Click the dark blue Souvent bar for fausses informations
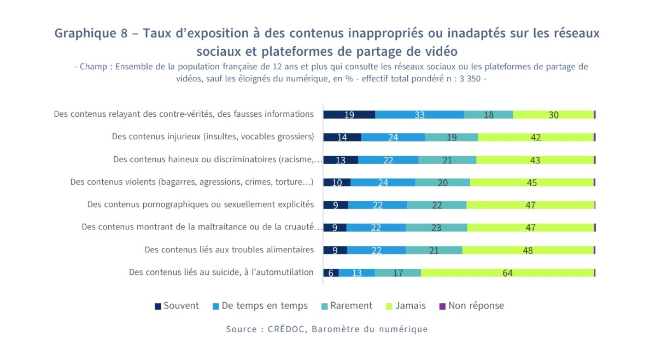pos(349,114)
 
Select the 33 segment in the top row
pos(419,114)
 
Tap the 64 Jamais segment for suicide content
pos(507,273)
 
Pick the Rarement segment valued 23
pos(436,227)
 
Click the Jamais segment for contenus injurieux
pos(535,137)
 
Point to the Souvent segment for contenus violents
pos(337,182)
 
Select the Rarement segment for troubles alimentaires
pos(434,250)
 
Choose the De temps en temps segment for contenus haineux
pos(388,160)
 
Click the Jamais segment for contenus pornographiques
pos(530,205)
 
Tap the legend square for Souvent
pos(159,306)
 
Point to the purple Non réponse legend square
pos(443,306)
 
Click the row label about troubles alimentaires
pos(229,250)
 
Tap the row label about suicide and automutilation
pos(221,272)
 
